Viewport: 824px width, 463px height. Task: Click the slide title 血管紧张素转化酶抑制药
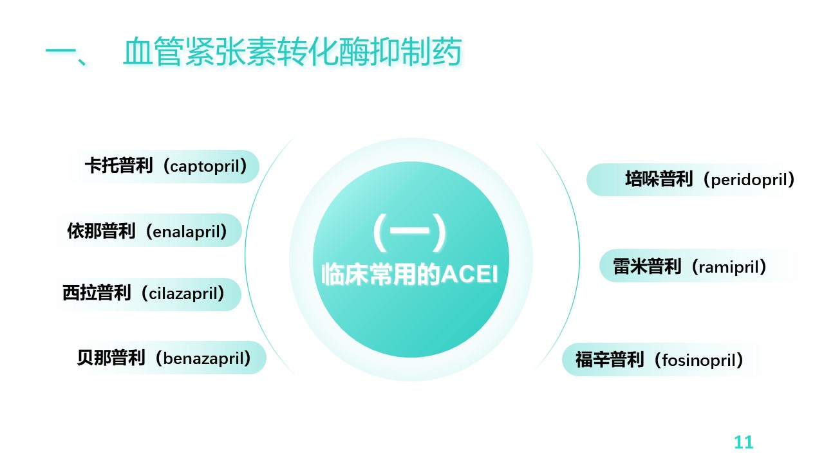(x=292, y=51)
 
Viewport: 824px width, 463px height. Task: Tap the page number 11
(x=744, y=442)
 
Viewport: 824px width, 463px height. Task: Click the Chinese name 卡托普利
(x=118, y=165)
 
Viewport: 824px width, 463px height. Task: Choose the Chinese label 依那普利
(x=101, y=231)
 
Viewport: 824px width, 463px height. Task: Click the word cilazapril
(x=183, y=293)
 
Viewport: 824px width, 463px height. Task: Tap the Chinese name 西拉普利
(x=97, y=293)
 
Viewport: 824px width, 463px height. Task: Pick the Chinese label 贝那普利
(x=111, y=358)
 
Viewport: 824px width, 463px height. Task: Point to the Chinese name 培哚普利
(x=659, y=179)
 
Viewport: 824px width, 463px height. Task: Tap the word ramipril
(x=729, y=267)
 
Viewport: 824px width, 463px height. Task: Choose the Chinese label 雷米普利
(x=647, y=266)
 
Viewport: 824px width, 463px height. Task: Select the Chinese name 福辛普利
(x=610, y=359)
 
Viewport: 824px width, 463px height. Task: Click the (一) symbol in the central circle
(x=409, y=232)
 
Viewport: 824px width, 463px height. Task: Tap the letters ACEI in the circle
(x=469, y=274)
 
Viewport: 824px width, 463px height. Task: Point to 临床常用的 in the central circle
(x=381, y=275)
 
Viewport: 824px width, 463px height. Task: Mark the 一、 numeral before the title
(x=66, y=53)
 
